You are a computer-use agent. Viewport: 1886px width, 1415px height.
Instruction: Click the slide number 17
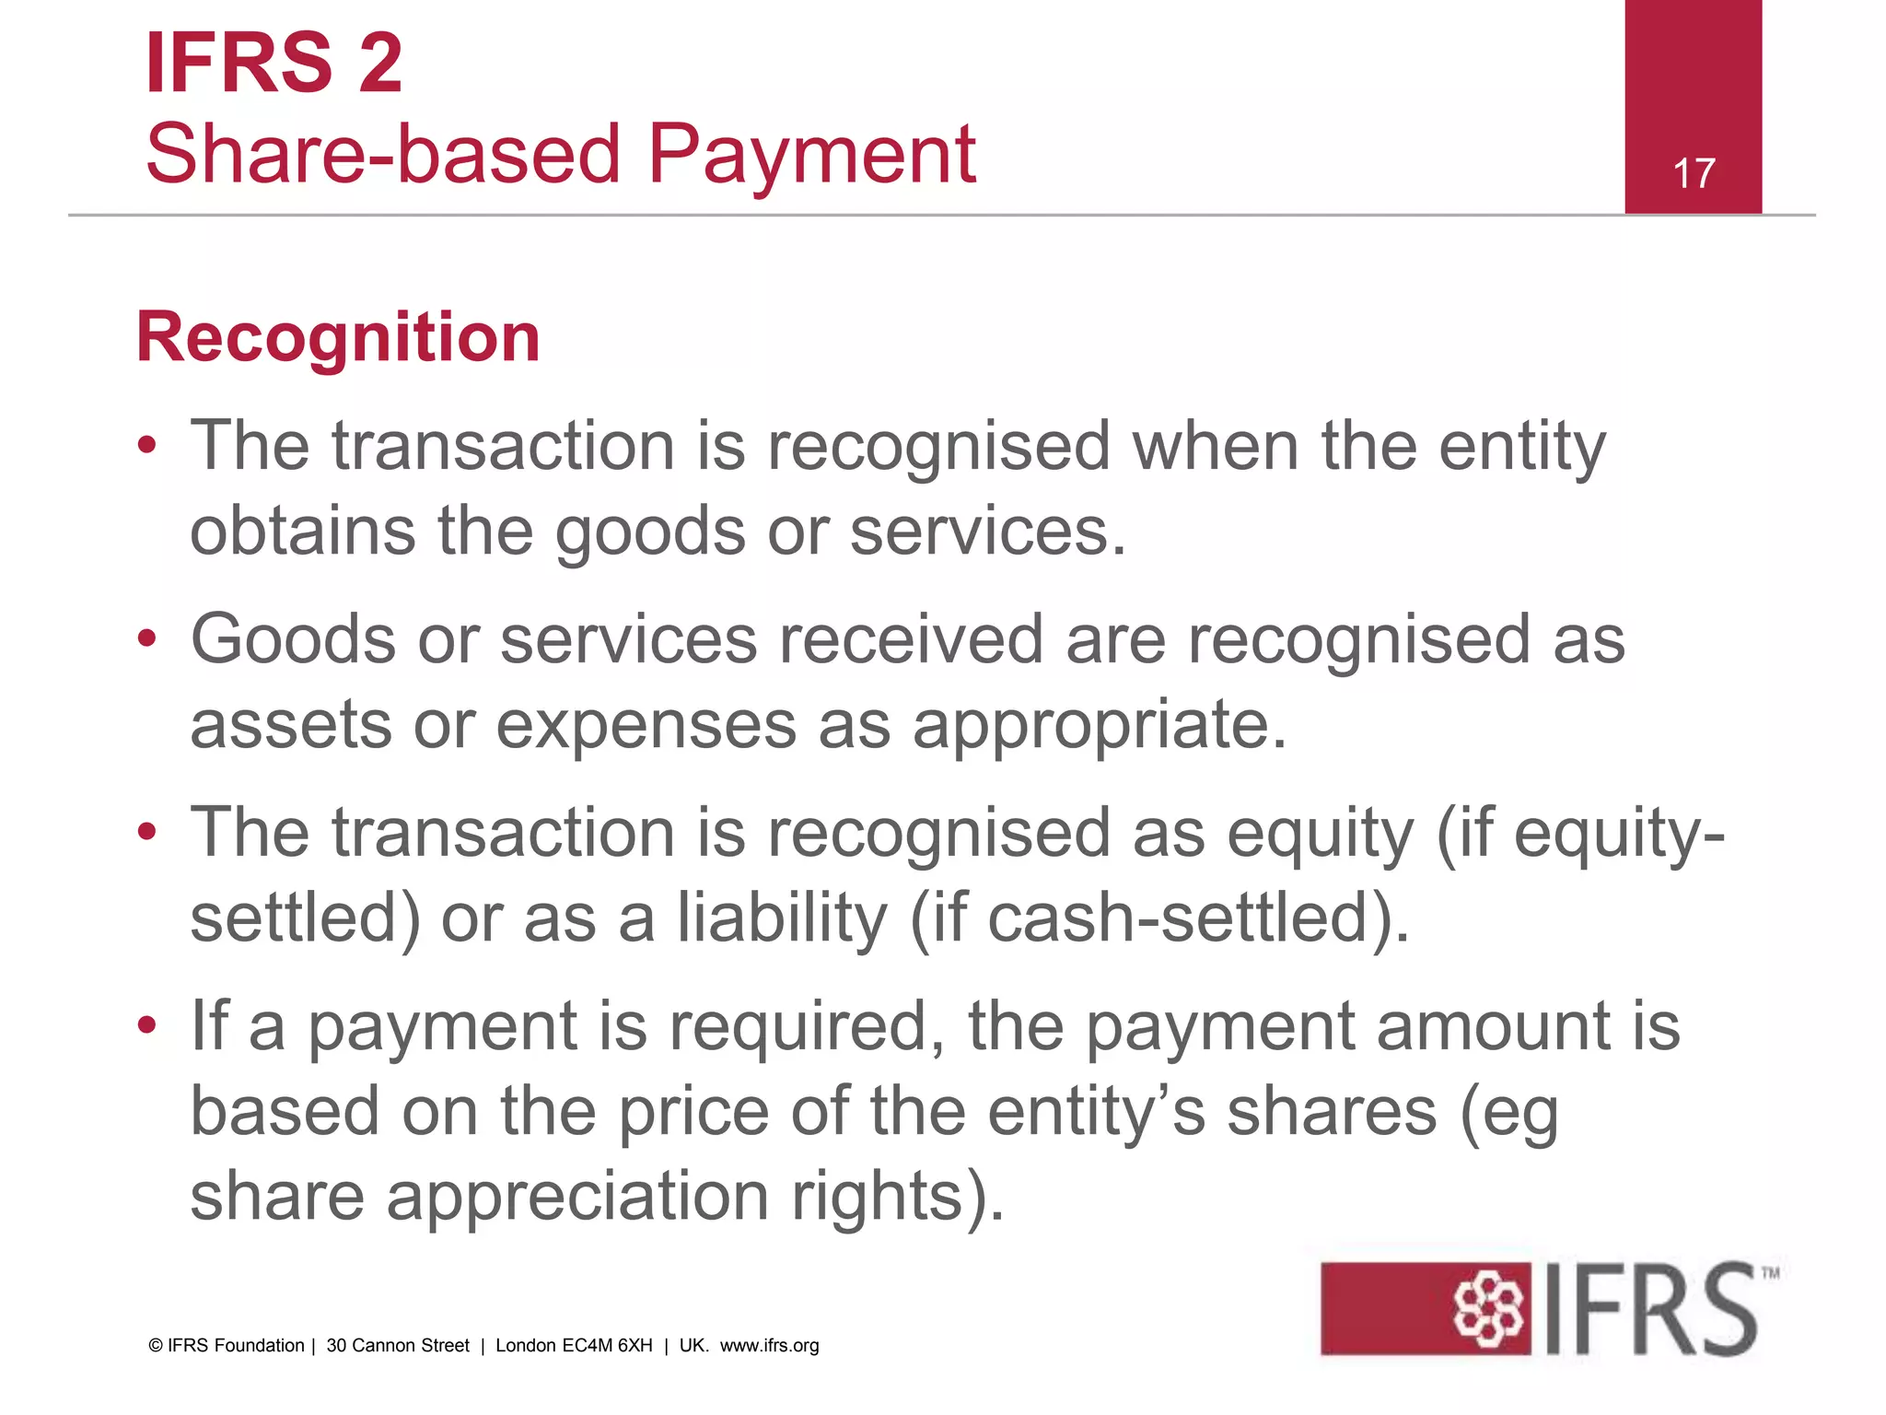(x=1694, y=173)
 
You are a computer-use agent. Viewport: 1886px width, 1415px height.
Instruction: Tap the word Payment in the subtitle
(x=810, y=154)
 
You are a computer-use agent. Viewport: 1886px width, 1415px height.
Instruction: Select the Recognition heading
(x=338, y=337)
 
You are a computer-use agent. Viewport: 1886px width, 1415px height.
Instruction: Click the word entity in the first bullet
(x=1521, y=447)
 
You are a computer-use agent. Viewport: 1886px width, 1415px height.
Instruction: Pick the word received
(x=911, y=638)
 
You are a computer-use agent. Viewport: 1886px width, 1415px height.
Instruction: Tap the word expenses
(x=646, y=725)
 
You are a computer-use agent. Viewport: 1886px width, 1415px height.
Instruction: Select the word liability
(x=783, y=918)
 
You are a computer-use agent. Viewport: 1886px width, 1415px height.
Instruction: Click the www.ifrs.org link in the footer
(x=769, y=1346)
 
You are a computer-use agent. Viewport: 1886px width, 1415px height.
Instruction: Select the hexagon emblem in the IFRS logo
(x=1487, y=1309)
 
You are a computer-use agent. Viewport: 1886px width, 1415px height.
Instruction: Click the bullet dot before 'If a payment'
(x=147, y=1024)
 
